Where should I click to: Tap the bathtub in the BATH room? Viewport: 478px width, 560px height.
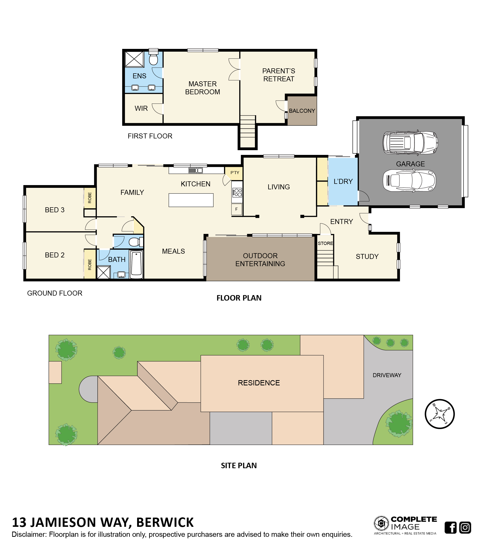coord(136,264)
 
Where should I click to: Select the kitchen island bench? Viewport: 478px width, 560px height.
coord(191,200)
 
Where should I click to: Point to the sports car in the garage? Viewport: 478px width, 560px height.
coord(409,181)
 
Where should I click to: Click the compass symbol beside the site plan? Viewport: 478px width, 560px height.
coord(439,414)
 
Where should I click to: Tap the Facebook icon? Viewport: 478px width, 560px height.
coord(451,527)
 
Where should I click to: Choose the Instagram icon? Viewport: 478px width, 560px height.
coord(465,527)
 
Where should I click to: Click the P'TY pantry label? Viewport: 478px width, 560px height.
coord(235,172)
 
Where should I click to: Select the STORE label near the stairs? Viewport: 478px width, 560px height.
coord(325,243)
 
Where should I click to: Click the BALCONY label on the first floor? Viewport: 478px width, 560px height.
coord(302,111)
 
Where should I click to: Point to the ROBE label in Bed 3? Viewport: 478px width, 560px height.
coord(90,198)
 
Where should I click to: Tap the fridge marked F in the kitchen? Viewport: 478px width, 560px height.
coord(237,209)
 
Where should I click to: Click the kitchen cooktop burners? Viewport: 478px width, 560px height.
coord(237,192)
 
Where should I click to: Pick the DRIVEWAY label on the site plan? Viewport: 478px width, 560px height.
coord(387,375)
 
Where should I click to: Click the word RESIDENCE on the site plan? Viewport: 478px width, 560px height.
coord(259,383)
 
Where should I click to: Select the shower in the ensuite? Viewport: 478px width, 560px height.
coord(134,59)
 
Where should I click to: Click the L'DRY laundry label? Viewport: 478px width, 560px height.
coord(343,181)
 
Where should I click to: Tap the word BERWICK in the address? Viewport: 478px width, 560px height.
coord(165,522)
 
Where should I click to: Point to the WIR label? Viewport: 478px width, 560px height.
coord(141,108)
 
